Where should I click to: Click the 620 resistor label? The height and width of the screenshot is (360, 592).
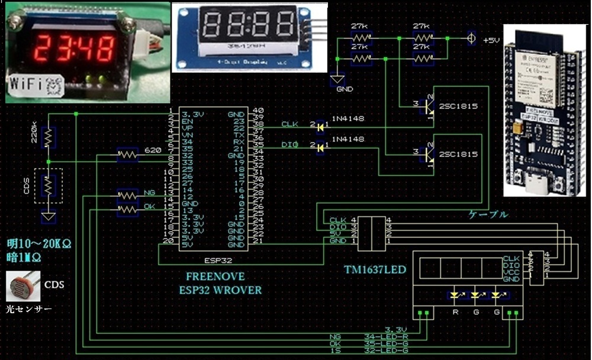pos(153,151)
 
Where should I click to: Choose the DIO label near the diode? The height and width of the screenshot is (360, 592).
pos(289,144)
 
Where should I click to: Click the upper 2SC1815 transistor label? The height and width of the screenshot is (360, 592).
pos(458,107)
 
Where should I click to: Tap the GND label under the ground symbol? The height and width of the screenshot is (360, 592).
pos(344,89)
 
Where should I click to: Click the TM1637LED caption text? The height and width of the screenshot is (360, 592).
pos(375,270)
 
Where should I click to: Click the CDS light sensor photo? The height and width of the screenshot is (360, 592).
pos(22,286)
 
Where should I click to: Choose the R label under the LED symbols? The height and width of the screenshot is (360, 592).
pos(455,311)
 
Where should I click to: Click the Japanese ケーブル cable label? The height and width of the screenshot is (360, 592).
pos(488,215)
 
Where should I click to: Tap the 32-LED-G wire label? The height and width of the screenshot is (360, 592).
pos(385,351)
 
